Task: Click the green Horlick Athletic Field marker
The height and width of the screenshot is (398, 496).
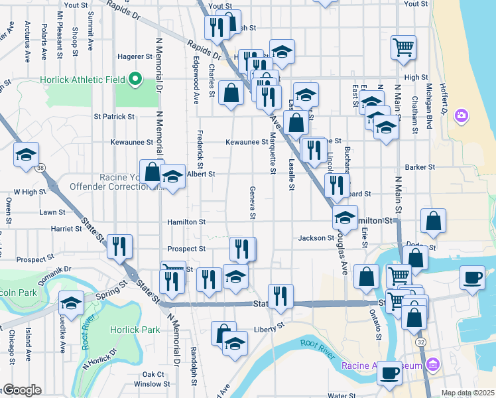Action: click(x=136, y=80)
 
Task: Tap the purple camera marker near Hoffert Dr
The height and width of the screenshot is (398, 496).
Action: click(x=462, y=117)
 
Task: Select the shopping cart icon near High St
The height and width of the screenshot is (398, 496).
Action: click(x=403, y=47)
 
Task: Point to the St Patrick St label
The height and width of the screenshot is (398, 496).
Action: click(x=114, y=116)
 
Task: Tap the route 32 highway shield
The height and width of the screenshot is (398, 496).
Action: click(x=420, y=342)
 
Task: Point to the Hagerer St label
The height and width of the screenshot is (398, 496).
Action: click(x=135, y=56)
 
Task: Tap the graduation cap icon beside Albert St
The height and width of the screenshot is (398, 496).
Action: click(x=173, y=176)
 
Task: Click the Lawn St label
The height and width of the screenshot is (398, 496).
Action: click(x=52, y=212)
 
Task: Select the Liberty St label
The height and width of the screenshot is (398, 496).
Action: click(x=269, y=328)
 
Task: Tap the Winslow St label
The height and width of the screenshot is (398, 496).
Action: click(x=152, y=383)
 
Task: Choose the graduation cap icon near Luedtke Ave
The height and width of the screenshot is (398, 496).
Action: click(x=71, y=303)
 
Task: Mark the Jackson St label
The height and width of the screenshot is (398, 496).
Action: click(x=316, y=237)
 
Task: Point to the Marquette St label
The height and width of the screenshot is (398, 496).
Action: click(x=273, y=154)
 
